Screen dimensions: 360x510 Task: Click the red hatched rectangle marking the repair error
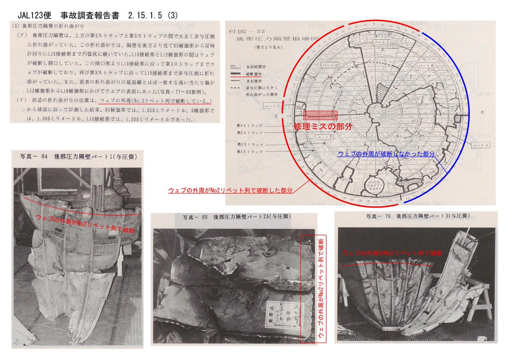pyautogui.click(x=321, y=115)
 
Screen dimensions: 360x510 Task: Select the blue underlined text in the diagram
pyautogui.click(x=386, y=154)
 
